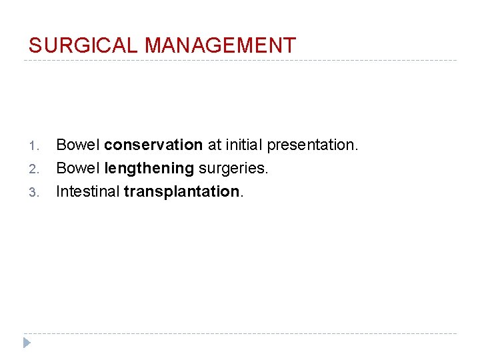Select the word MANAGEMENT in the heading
pos(220,45)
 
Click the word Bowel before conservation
pos(77,145)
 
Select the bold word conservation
pos(153,145)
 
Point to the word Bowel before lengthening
pos(77,168)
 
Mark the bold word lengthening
pos(150,169)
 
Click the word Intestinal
pos(87,192)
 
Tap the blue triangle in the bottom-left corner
pos(27,343)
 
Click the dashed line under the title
pos(240,61)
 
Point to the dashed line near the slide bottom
pos(240,333)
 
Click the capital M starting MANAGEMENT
pos(153,45)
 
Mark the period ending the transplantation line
pos(242,197)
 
